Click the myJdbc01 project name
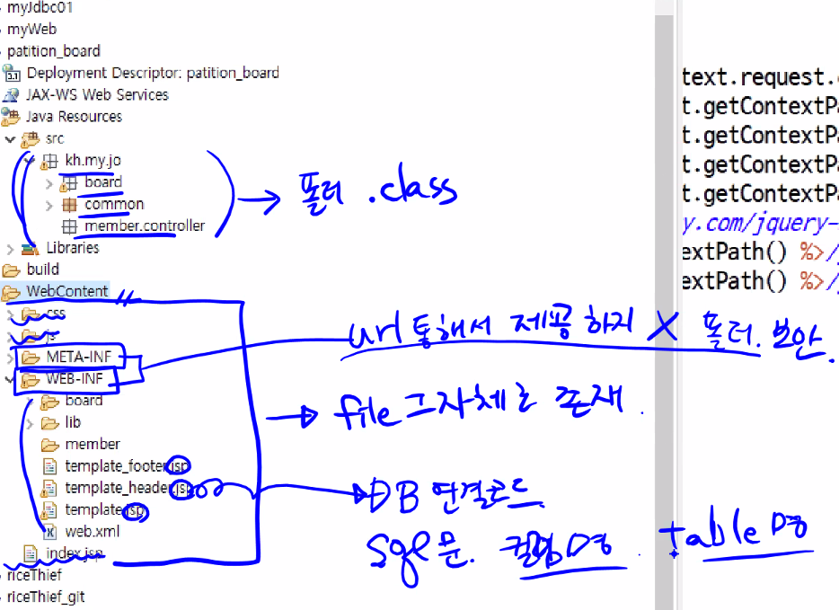point(40,7)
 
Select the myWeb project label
point(31,29)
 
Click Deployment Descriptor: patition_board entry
point(153,73)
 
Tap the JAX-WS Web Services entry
point(97,94)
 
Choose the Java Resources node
point(74,116)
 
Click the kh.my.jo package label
point(93,161)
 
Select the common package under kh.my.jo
point(114,204)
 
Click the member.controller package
point(145,225)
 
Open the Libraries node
point(73,247)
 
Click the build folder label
point(43,269)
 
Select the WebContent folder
point(67,291)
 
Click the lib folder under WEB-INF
point(73,422)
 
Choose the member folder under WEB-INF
point(93,444)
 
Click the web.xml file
point(93,530)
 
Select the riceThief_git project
point(46,596)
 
